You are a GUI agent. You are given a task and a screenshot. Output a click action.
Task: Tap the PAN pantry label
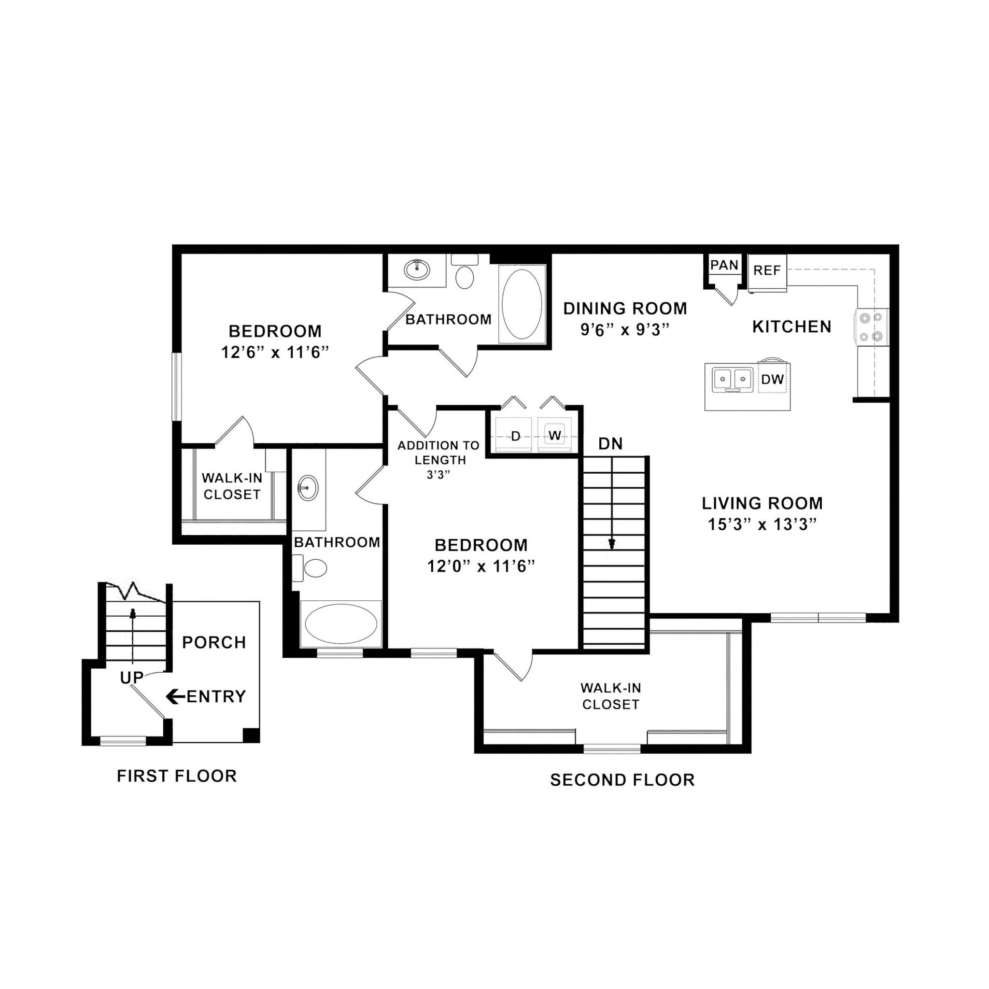(x=724, y=265)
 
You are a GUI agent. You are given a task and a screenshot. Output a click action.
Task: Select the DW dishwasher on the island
(x=772, y=379)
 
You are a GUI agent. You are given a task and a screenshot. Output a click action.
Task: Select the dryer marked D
(x=515, y=436)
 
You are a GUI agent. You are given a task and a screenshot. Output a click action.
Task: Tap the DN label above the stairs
(x=610, y=444)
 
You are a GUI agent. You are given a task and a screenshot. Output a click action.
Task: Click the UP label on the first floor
(x=131, y=678)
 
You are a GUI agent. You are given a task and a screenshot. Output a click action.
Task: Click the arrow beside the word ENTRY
(x=176, y=696)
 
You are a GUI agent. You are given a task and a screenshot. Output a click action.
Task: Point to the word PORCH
(x=214, y=642)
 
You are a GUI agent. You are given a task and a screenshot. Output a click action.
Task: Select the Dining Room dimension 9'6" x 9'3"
(x=624, y=330)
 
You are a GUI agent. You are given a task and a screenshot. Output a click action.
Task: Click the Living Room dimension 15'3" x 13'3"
(x=762, y=525)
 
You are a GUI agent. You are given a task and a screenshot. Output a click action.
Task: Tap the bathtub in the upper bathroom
(x=522, y=304)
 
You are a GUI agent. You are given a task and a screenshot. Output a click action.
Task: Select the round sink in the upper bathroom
(x=417, y=269)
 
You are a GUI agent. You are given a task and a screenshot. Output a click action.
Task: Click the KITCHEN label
(x=791, y=326)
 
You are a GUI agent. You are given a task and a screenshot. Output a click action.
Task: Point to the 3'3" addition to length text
(x=438, y=475)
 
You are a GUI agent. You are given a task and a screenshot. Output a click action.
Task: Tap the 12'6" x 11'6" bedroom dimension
(x=275, y=353)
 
